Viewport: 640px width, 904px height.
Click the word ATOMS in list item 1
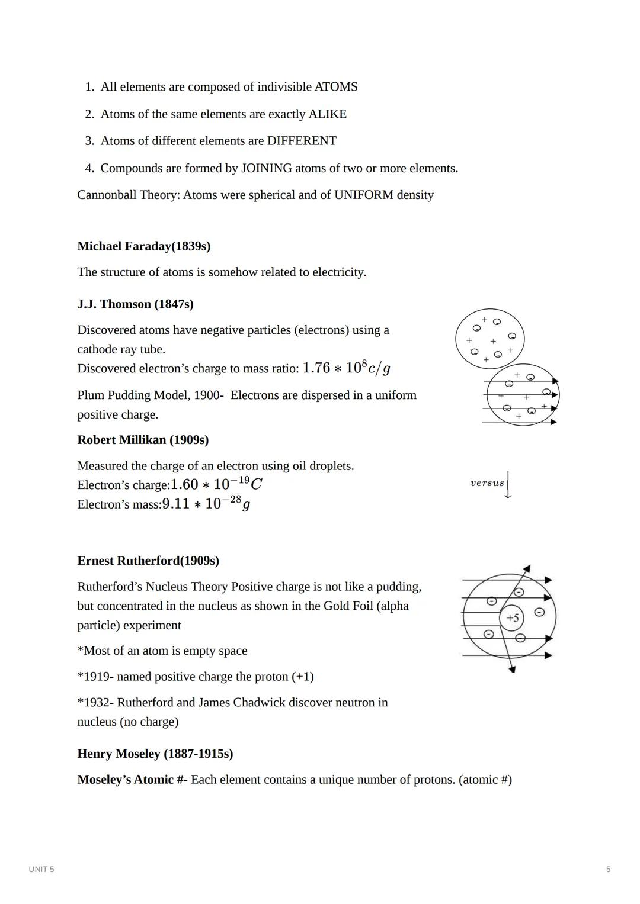335,87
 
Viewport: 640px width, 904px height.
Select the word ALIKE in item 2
327,114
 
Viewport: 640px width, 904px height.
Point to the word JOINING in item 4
266,168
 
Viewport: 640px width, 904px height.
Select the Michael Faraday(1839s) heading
143,246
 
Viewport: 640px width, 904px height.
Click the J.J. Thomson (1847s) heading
135,304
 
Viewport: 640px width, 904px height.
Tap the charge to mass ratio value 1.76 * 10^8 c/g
346,368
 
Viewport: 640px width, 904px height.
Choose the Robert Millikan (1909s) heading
143,440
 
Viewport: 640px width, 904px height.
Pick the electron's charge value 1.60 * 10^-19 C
216,484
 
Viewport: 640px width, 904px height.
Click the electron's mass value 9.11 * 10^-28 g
206,504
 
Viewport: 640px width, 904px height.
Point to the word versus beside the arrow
487,483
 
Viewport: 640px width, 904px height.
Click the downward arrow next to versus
508,485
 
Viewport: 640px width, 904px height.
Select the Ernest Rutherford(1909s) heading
148,561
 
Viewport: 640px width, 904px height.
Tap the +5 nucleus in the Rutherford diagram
513,618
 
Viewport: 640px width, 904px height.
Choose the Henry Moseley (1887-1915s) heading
155,754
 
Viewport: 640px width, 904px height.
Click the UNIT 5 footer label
41,869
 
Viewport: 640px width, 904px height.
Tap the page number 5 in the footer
608,869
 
